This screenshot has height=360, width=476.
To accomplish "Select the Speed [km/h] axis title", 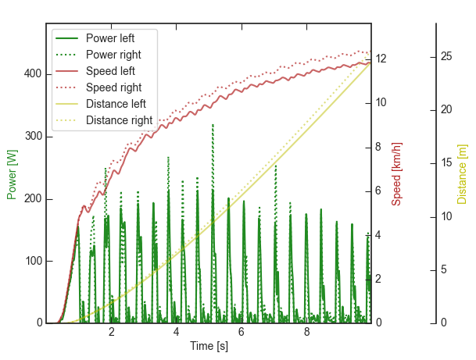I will [397, 173].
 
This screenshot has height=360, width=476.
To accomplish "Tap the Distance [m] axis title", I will [462, 173].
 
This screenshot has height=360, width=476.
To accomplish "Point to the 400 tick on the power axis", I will [33, 74].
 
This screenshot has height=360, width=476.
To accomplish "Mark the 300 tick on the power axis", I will [33, 137].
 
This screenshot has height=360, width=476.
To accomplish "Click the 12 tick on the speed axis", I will [381, 59].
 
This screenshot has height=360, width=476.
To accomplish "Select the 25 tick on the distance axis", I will [446, 56].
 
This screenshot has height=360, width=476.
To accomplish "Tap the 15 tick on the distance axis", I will [446, 162].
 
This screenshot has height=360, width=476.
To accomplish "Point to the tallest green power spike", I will [213, 125].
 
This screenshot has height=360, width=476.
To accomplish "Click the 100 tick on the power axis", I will [33, 261].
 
